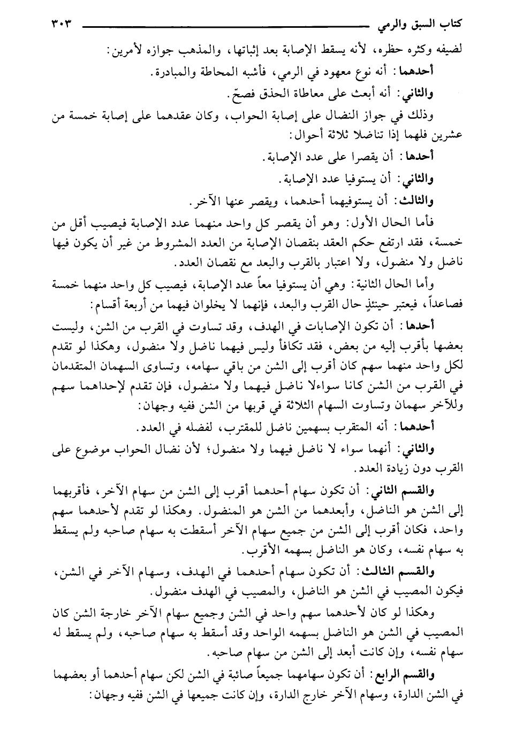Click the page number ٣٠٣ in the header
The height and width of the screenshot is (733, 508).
[x=62, y=24]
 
